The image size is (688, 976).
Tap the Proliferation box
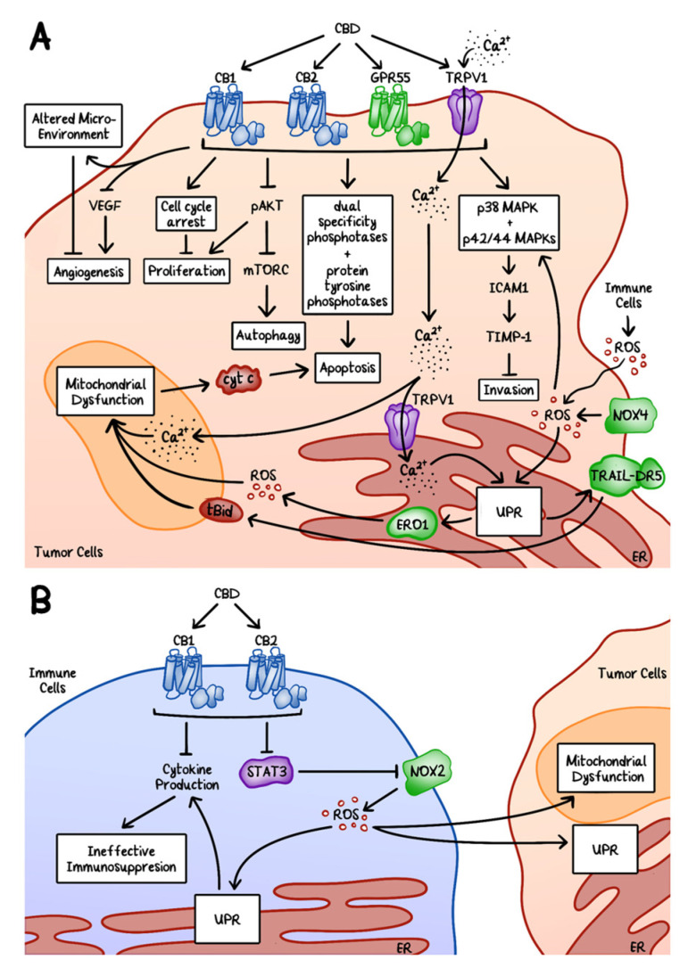click(187, 271)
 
